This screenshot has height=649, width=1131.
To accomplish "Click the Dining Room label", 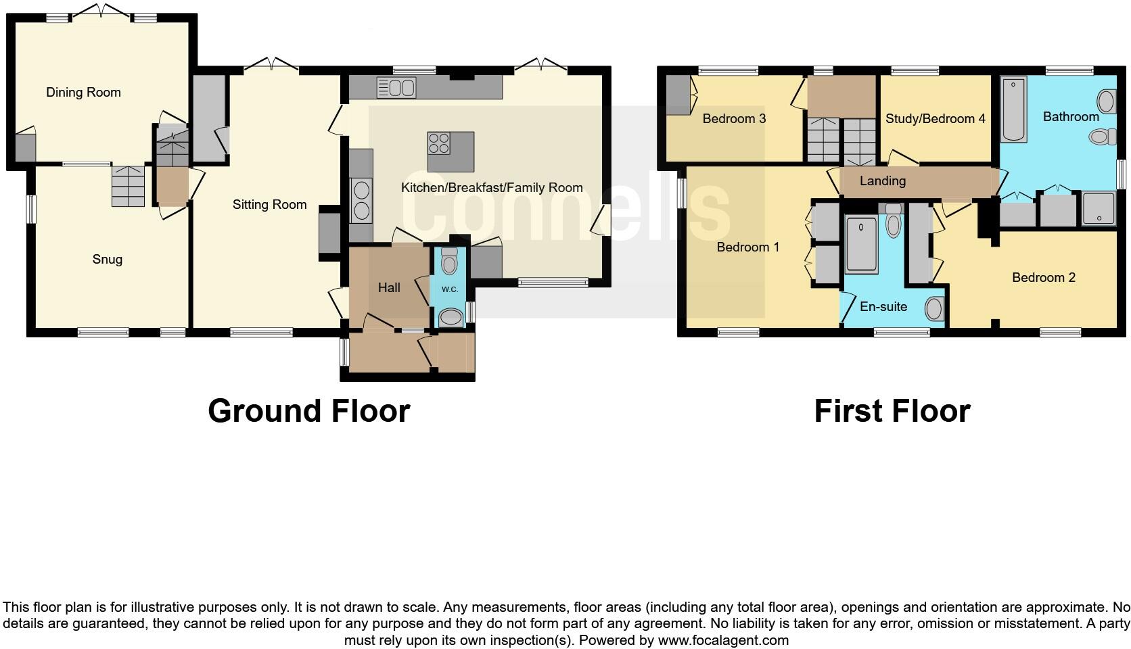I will tap(83, 93).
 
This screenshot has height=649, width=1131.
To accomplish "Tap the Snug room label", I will tap(108, 260).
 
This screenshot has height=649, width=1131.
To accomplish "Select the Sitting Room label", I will tap(269, 205).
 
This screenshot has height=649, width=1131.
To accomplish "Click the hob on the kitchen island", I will tap(438, 143).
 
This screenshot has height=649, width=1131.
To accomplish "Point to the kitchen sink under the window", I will tap(396, 88).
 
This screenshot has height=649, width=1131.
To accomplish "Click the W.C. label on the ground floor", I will tap(450, 289).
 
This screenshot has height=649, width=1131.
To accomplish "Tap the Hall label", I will tap(389, 288).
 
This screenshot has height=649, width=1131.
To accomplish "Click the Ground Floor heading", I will tap(308, 411).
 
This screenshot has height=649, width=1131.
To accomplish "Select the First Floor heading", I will tap(892, 411).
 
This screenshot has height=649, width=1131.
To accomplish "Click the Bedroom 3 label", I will tap(734, 119).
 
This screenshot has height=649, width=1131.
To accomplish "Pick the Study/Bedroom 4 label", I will tap(935, 119).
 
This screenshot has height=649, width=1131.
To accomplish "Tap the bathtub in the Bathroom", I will tap(1013, 110).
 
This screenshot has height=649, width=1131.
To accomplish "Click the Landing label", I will tap(882, 181).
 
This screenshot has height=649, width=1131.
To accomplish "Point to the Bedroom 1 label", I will tap(747, 247).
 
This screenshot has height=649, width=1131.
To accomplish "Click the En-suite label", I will tap(883, 307).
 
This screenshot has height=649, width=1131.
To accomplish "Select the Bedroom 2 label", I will tap(1043, 278).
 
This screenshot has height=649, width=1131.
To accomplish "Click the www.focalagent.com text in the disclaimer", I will tap(723, 640).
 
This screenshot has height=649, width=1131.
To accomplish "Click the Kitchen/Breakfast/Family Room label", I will tap(492, 188).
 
